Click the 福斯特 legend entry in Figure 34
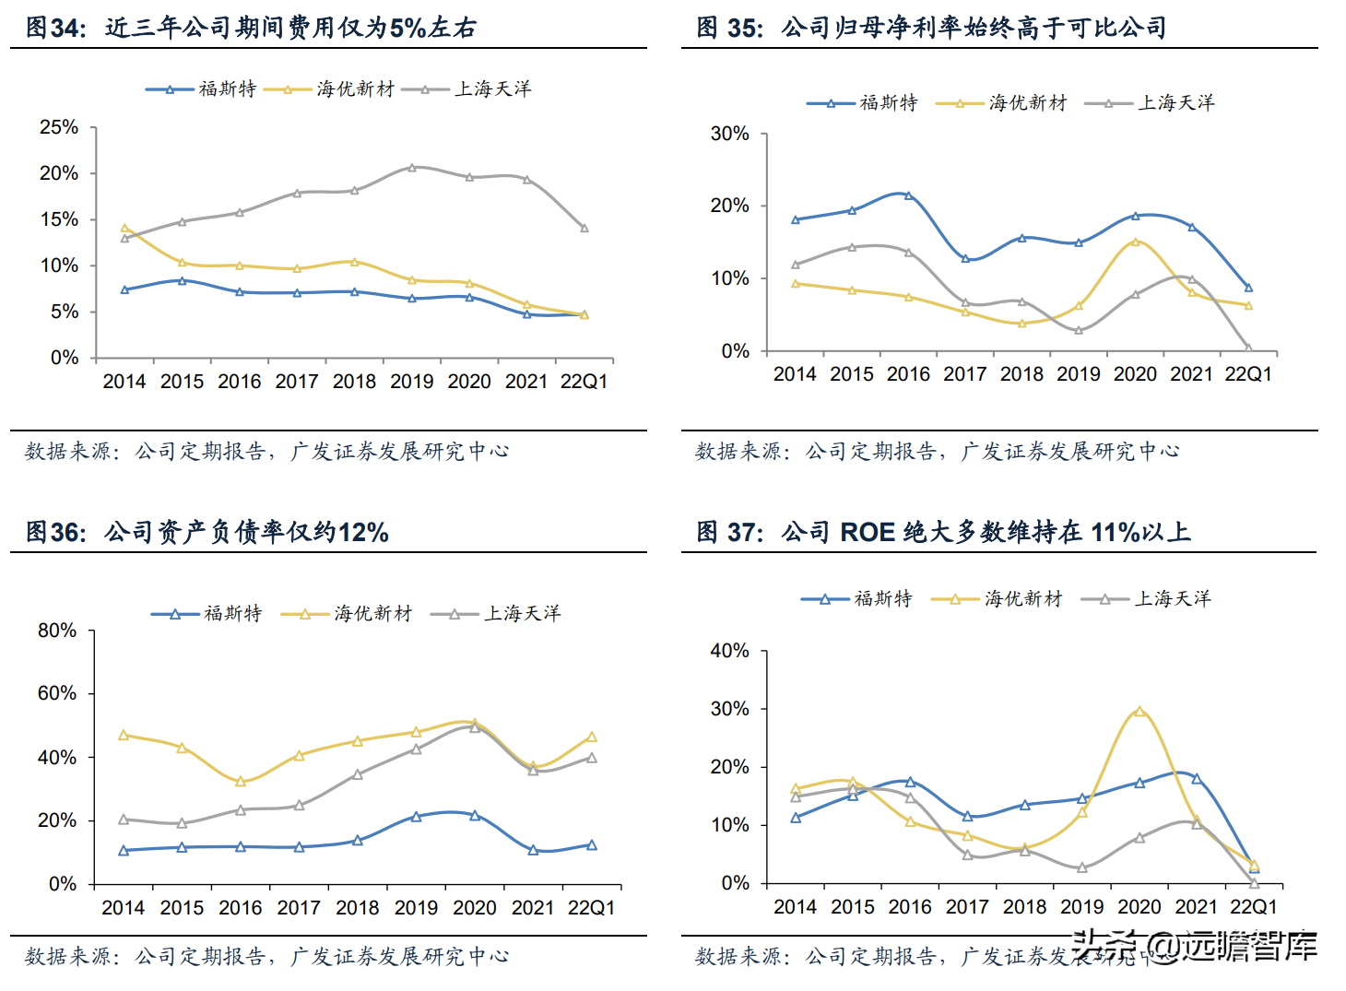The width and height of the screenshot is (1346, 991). tap(227, 88)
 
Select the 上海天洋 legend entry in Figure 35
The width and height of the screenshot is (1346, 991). tap(1175, 102)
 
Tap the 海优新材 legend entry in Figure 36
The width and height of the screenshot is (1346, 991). tap(372, 613)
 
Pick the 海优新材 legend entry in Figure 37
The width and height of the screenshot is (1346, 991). tap(1022, 598)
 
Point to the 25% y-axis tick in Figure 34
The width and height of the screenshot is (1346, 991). tap(59, 127)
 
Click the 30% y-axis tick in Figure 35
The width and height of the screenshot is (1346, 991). tap(729, 134)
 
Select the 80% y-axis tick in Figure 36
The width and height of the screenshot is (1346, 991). tap(57, 631)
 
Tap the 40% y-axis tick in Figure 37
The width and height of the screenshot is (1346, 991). tap(729, 651)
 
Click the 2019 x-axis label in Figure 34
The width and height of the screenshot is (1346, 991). tap(411, 382)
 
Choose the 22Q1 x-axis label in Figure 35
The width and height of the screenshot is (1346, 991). tap(1248, 374)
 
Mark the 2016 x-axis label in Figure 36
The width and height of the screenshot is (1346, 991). tap(241, 908)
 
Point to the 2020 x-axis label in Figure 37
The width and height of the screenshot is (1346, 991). tap(1139, 907)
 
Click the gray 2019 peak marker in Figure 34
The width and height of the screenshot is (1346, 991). tap(412, 167)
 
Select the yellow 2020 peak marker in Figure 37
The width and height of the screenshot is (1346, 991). tap(1139, 712)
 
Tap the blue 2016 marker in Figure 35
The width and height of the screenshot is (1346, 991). tap(908, 195)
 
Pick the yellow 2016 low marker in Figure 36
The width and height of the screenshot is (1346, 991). tap(241, 782)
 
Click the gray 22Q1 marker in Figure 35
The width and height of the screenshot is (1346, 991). tap(1248, 348)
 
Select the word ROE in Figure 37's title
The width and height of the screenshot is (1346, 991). tap(868, 533)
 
